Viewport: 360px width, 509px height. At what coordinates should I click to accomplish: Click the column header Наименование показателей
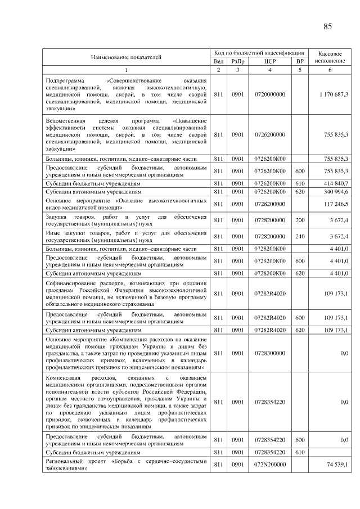tap(127, 57)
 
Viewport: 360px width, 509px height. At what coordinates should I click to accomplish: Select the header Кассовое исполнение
tap(330, 56)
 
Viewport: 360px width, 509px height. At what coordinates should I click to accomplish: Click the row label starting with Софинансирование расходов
tap(127, 294)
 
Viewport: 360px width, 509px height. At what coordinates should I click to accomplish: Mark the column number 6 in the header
tap(330, 70)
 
